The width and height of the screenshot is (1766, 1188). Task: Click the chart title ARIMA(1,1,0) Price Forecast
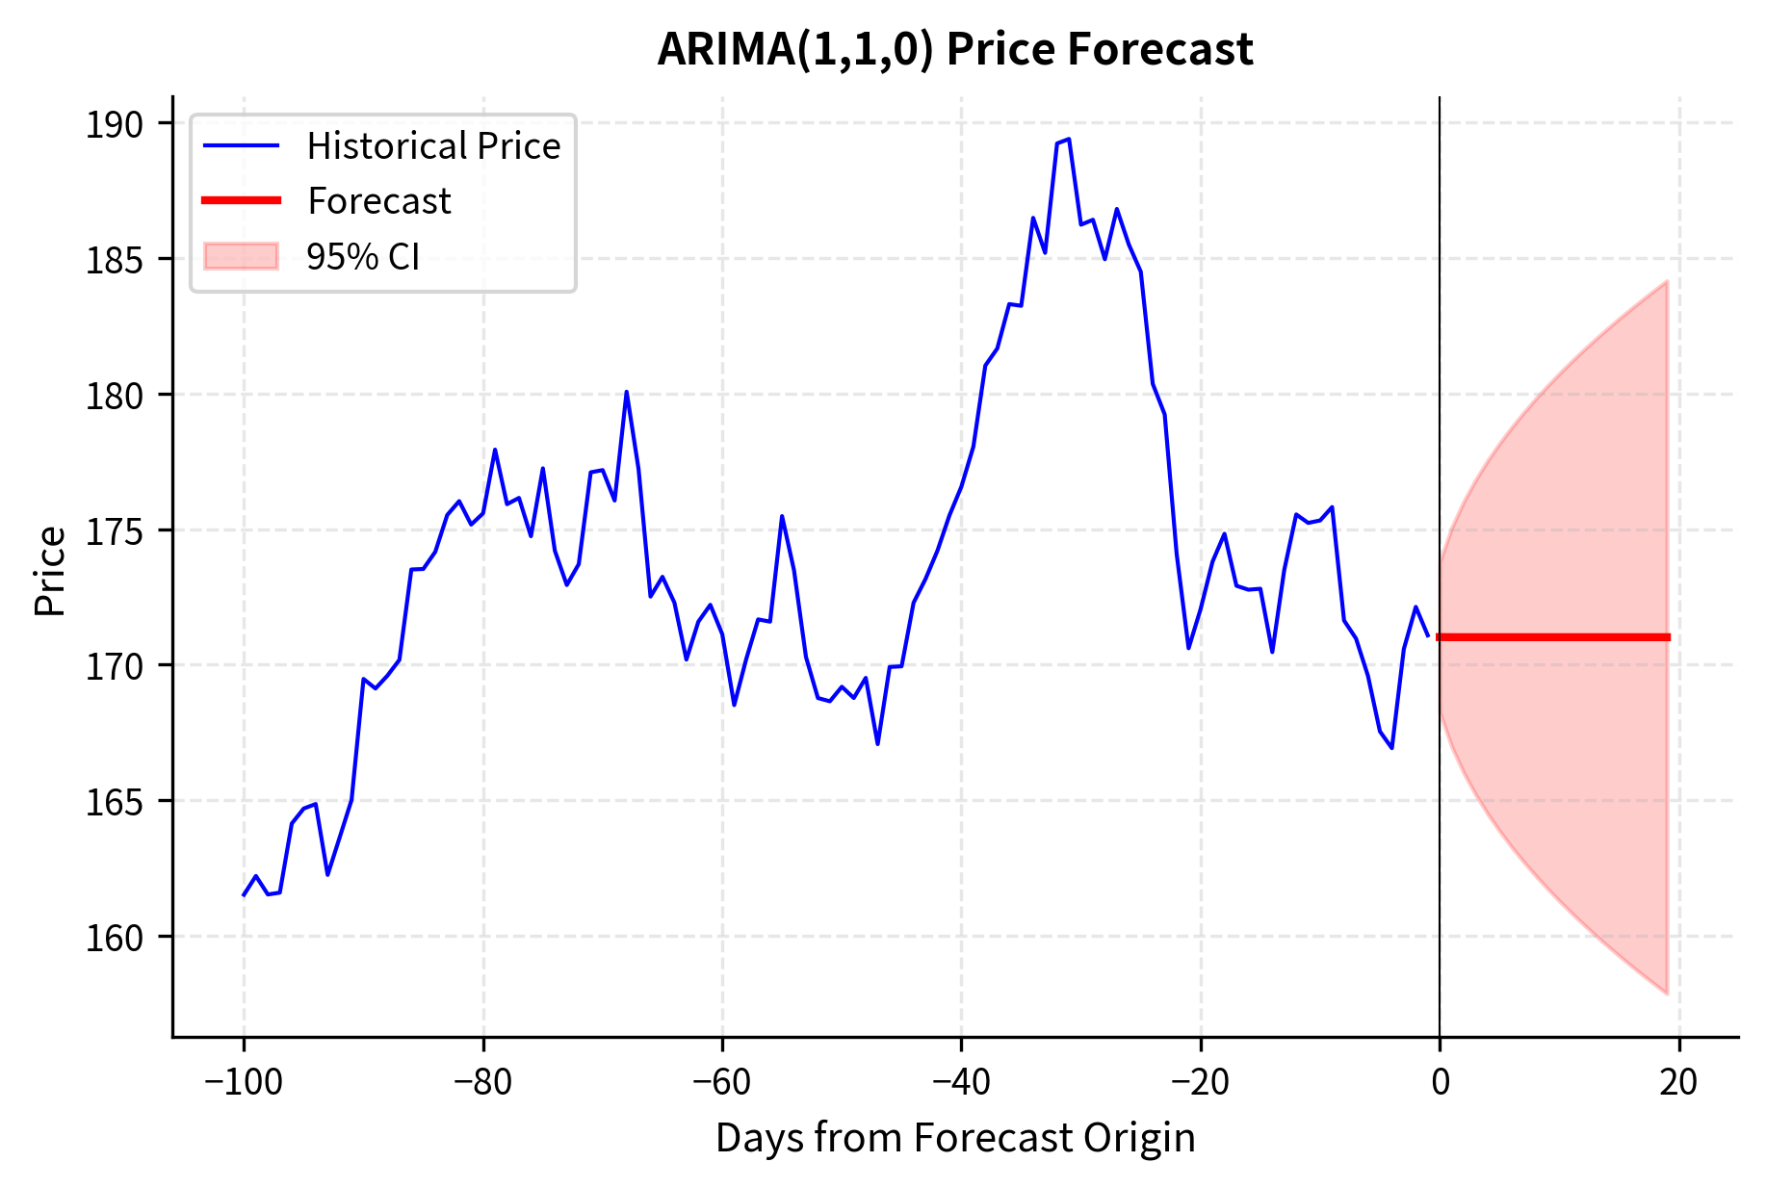coord(954,49)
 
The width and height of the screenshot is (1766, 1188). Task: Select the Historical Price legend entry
coord(433,146)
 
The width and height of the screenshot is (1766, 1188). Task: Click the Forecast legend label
coord(378,201)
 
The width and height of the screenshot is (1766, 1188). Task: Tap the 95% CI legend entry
coord(362,257)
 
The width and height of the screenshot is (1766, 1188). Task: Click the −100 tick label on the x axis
coord(243,1082)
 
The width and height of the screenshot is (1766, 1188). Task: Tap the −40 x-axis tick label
coord(961,1082)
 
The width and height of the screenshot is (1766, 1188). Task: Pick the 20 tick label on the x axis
coord(1678,1082)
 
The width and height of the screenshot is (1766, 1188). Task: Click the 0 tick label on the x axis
coord(1440,1082)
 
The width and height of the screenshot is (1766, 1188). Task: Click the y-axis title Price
coord(50,571)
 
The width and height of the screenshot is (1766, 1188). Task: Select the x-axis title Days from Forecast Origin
coord(954,1138)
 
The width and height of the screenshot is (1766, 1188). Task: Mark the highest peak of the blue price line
coord(1069,139)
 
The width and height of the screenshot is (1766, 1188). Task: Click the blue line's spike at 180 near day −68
coord(626,392)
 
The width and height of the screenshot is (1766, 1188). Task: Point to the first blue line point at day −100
coord(244,895)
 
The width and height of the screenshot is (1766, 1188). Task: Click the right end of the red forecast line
coord(1668,637)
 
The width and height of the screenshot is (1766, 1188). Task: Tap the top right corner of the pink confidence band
coord(1667,282)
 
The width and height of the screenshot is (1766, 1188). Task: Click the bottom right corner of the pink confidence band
coord(1667,994)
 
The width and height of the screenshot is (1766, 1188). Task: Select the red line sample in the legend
coord(241,200)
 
